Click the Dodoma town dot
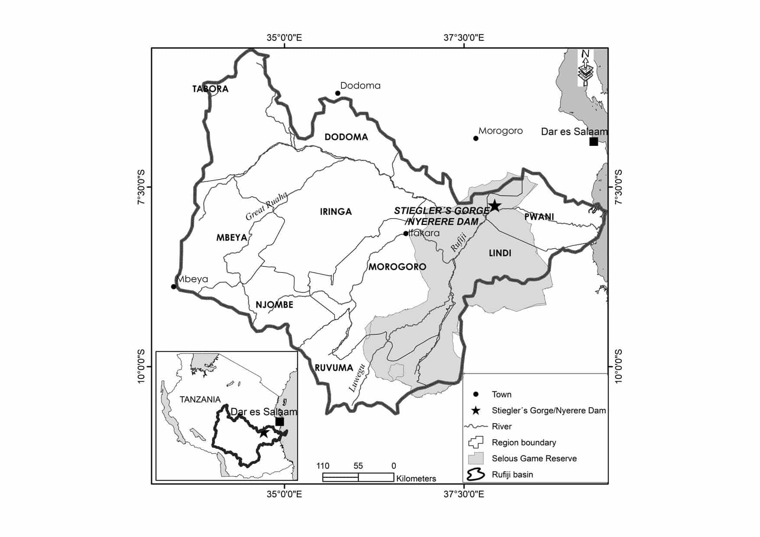coord(338,93)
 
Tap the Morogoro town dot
coord(476,139)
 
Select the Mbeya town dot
coord(174,287)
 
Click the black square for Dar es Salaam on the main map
coord(594,142)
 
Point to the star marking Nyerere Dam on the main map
coord(494,206)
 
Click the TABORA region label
coord(210,89)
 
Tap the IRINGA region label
coord(336,212)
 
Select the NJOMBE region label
coord(274,305)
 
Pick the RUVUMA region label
coord(334,368)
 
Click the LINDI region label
coord(500,253)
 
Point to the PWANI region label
coord(539,217)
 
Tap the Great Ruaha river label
coord(266,206)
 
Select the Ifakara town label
coord(424,233)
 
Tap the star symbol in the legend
coord(476,411)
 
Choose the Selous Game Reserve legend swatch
coord(476,459)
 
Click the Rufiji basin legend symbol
coord(476,475)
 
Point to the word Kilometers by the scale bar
coord(416,479)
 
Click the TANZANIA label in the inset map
coord(200,399)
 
